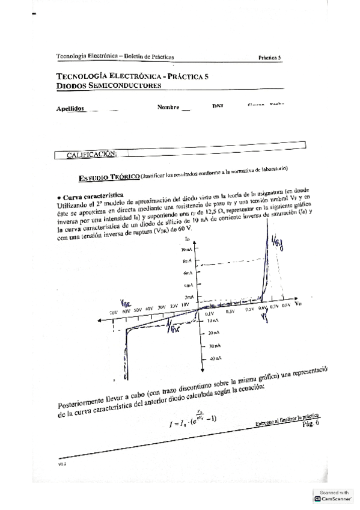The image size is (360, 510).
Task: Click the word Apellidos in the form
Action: click(x=70, y=109)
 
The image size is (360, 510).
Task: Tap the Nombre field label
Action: click(x=168, y=107)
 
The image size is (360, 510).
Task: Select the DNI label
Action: click(x=218, y=106)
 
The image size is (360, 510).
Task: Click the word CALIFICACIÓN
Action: click(x=91, y=155)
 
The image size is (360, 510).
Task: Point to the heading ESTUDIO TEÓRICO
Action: click(x=109, y=177)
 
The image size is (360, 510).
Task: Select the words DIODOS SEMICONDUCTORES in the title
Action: click(x=109, y=86)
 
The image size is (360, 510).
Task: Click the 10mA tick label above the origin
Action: click(x=187, y=249)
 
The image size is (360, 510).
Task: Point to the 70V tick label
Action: click(x=114, y=313)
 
